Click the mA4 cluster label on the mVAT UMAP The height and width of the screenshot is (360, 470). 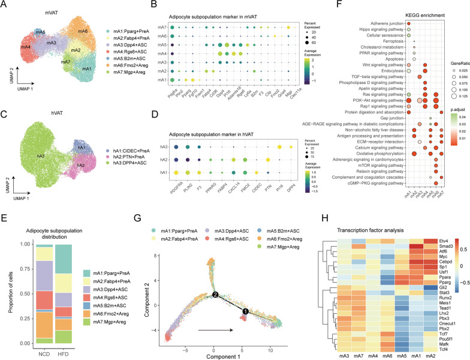[x=26, y=46]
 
